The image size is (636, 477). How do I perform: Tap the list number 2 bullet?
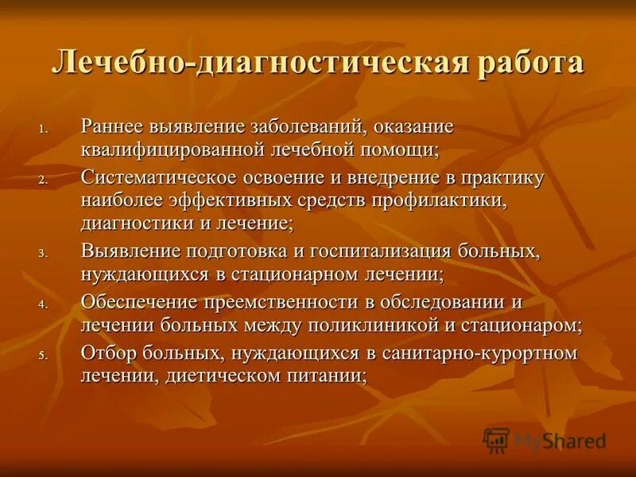pos(44,180)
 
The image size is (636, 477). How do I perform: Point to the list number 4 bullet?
pos(44,304)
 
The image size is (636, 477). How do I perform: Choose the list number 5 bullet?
pos(44,355)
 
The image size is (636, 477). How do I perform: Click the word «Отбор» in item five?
pos(107,353)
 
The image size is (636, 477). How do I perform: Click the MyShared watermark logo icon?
pos(496,440)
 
